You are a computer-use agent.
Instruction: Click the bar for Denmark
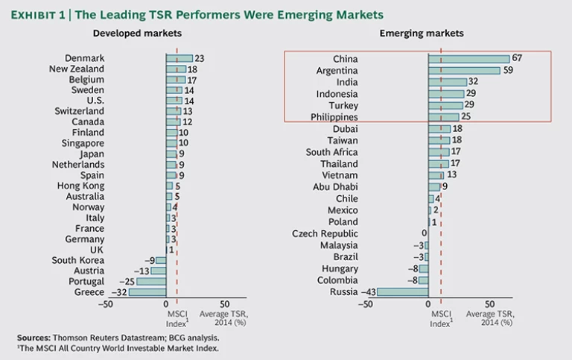(x=179, y=58)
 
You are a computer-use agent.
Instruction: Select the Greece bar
(x=147, y=292)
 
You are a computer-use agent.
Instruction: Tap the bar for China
(x=468, y=59)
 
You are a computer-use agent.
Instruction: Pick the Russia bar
(x=402, y=291)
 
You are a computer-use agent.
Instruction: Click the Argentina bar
(x=464, y=71)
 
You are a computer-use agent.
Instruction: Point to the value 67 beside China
(x=516, y=59)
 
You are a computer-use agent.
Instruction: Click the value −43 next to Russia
(x=367, y=291)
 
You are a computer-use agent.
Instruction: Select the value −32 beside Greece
(x=118, y=292)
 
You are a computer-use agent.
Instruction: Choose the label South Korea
(x=78, y=260)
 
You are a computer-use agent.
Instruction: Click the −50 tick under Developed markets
(x=106, y=305)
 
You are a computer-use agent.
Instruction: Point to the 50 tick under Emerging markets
(x=489, y=305)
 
